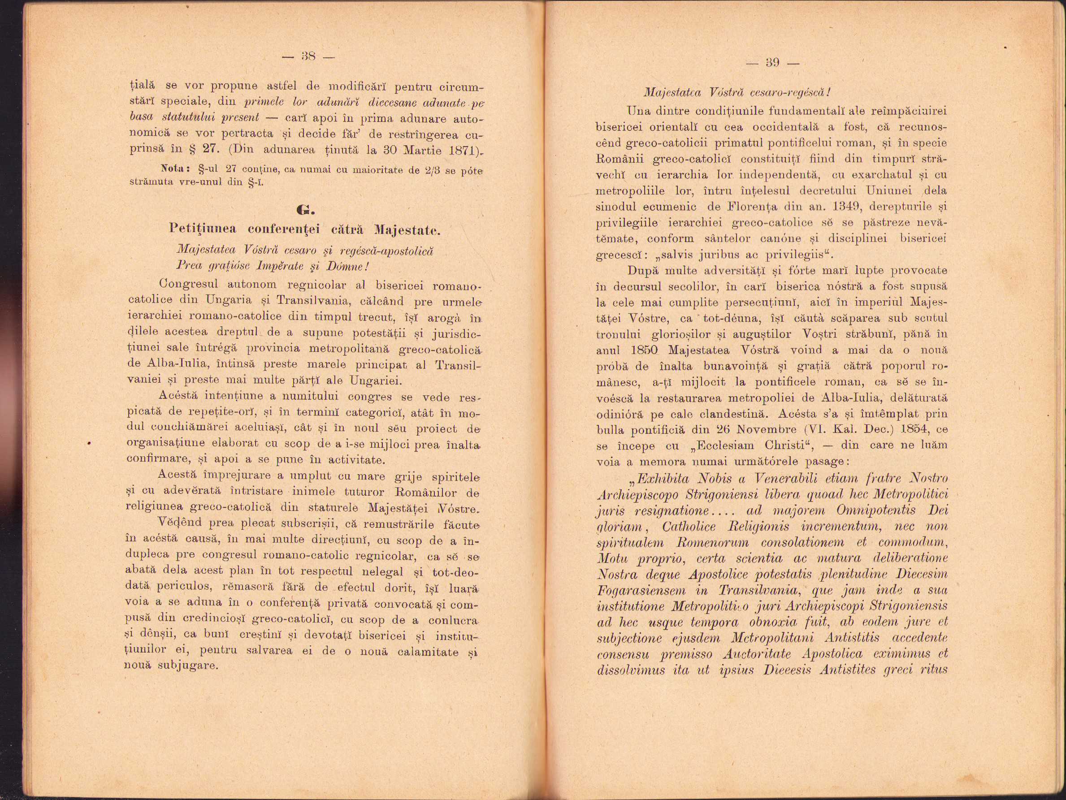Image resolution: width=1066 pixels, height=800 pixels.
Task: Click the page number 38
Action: click(x=308, y=57)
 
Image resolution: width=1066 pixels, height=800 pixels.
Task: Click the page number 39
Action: click(x=772, y=63)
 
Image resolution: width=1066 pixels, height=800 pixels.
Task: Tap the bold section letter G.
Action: click(x=306, y=210)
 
